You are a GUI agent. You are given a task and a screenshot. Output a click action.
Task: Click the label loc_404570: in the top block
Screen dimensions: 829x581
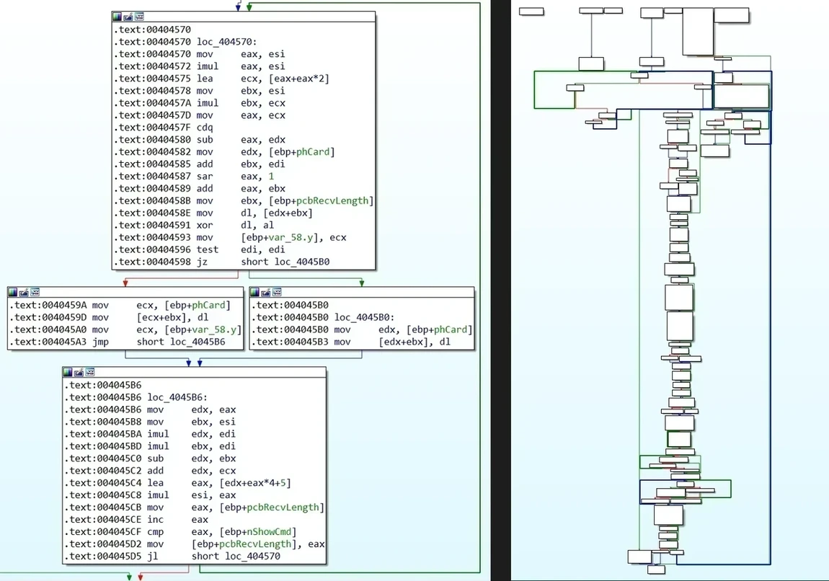(227, 42)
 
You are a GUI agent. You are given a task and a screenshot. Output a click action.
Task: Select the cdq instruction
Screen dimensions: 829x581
(205, 128)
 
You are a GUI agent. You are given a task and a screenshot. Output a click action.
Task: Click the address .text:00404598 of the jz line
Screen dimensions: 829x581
(152, 262)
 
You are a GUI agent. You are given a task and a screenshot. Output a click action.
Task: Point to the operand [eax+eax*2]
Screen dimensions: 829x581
(285, 79)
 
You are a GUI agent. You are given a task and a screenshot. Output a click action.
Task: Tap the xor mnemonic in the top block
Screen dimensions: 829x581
(205, 225)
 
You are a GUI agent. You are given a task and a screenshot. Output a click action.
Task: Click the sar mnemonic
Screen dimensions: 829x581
(205, 177)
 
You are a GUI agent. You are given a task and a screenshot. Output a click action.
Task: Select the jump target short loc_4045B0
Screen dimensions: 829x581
(285, 262)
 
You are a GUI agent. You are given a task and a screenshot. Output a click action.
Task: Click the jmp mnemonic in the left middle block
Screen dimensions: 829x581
(100, 342)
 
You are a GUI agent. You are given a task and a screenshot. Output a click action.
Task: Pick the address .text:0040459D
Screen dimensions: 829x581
(48, 318)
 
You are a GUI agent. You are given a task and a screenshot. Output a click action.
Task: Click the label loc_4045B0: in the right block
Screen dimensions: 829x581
(364, 318)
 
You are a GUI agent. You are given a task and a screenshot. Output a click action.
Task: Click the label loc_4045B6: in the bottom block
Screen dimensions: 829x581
(177, 398)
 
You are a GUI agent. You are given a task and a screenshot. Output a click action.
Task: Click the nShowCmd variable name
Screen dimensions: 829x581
(272, 532)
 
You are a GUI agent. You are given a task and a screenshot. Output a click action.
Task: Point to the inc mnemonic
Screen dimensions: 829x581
(156, 520)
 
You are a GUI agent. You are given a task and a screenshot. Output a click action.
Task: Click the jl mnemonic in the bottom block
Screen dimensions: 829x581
(152, 556)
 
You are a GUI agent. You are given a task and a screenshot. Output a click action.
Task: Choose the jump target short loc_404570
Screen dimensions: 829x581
(236, 556)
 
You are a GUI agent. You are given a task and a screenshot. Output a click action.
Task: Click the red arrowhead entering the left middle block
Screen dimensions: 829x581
(125, 283)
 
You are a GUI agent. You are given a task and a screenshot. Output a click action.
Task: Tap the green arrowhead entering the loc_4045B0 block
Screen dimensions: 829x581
(362, 283)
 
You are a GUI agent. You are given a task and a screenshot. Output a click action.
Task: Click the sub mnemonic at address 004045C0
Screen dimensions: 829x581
(156, 459)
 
